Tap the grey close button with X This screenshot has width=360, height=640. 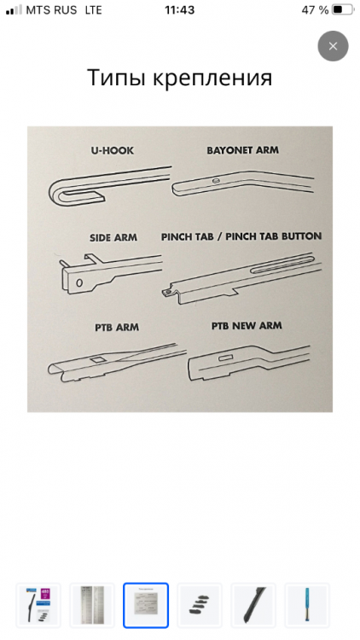point(333,46)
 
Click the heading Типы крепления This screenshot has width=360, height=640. point(180,78)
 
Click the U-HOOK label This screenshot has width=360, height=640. point(113,150)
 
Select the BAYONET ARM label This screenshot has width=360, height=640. point(243,150)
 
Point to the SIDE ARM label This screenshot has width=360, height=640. point(113,237)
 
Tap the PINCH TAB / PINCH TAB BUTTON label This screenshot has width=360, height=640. point(241,236)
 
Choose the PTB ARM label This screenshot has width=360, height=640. point(117,328)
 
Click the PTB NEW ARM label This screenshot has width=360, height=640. point(247,326)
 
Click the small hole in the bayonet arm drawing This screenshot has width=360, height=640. point(217,180)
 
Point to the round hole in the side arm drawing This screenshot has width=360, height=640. point(79,282)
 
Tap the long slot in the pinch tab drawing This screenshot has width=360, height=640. point(281,264)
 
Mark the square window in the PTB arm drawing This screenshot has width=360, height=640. point(98,359)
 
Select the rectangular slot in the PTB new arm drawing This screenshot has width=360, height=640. point(225,358)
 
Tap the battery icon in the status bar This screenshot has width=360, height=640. point(343,9)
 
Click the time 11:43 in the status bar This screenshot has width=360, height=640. point(180,10)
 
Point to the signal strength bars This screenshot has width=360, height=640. point(15,9)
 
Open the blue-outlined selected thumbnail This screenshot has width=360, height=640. point(146,605)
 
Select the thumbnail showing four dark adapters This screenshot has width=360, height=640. point(200,605)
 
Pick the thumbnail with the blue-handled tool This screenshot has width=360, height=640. point(307,605)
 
